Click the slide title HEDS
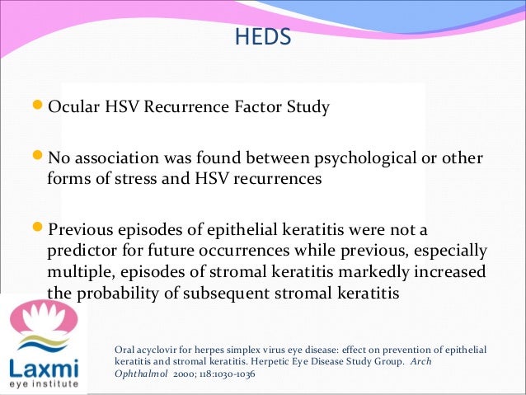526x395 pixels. pos(263,39)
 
